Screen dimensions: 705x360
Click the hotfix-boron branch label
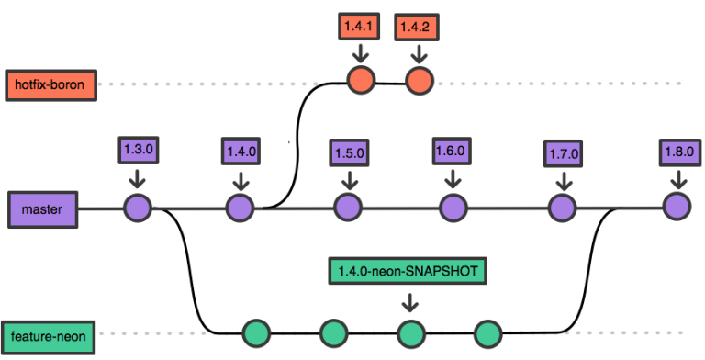(50, 85)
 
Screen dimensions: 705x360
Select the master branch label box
(43, 209)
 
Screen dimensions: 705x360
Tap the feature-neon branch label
(48, 337)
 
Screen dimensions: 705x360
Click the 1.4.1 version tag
(359, 26)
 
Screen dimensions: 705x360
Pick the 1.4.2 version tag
(417, 27)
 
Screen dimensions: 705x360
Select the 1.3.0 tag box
(138, 150)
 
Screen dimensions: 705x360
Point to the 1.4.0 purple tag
(241, 152)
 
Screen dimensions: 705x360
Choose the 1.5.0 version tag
(350, 153)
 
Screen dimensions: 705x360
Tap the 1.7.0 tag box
(563, 154)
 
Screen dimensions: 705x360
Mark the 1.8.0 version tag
(680, 152)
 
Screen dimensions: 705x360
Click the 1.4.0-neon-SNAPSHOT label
(408, 271)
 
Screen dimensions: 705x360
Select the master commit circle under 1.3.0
(138, 208)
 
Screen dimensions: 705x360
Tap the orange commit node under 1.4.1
(361, 80)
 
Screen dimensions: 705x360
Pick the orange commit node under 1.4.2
(419, 81)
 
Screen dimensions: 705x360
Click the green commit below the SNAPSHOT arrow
(411, 334)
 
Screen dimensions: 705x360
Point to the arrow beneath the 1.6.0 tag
(453, 179)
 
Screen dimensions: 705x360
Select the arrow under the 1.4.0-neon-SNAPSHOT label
(409, 302)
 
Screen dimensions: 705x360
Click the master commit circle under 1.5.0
(348, 208)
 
